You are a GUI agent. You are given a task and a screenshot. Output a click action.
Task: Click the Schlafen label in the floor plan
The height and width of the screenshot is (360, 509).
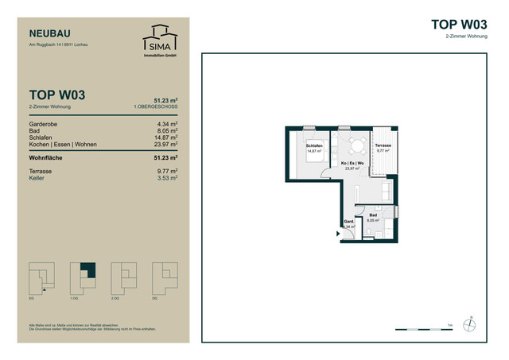pos(313,147)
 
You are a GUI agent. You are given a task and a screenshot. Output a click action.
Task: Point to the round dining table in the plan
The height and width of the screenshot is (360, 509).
pos(355,145)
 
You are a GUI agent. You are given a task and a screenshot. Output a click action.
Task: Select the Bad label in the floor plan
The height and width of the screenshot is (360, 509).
pos(372,215)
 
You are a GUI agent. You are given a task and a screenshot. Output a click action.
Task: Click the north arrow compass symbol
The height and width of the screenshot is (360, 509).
pos(471,323)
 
